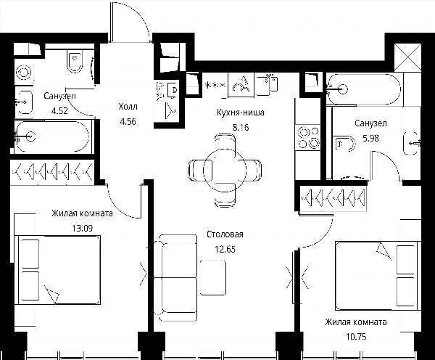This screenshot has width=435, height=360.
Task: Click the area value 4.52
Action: click(59, 111)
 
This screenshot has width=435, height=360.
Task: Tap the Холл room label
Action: click(128, 107)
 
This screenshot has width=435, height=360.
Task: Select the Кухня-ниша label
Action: click(240, 112)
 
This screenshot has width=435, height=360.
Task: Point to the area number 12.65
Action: click(225, 249)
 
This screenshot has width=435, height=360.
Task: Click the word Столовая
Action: click(225, 234)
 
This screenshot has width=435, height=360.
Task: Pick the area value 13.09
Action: click(83, 229)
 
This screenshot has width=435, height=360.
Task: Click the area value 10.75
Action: click(356, 337)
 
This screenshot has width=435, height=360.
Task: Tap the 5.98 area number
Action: click(371, 138)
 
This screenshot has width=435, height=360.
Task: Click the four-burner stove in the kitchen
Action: click(308, 137)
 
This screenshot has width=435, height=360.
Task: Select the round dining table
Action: click(225, 170)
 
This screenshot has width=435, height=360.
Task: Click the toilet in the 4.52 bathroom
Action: click(75, 62)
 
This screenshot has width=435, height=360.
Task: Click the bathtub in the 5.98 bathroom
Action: click(364, 89)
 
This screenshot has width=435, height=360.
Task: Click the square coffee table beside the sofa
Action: click(212, 277)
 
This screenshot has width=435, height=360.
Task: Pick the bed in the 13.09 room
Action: click(58, 270)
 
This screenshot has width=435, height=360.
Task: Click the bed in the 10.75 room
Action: click(378, 276)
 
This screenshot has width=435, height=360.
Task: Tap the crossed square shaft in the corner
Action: click(407, 57)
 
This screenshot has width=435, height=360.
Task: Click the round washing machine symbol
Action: click(24, 73)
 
